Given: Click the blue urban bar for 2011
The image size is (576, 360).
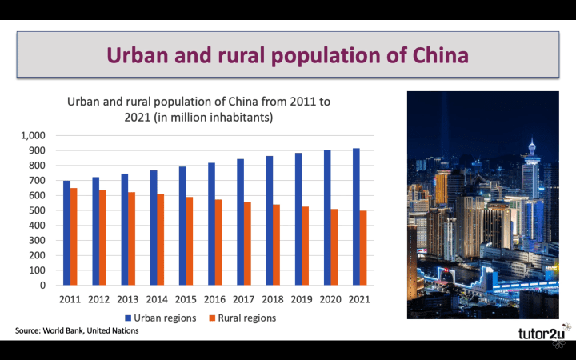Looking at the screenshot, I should pyautogui.click(x=66, y=233).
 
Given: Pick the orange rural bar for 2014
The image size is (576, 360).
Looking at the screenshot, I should pyautogui.click(x=161, y=239).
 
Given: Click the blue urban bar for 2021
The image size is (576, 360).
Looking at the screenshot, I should pyautogui.click(x=356, y=217).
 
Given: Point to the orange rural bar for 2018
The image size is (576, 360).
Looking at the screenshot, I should pyautogui.click(x=277, y=245).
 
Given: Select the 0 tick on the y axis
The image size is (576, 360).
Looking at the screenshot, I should pyautogui.click(x=43, y=286).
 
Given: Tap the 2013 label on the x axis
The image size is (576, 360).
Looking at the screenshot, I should pyautogui.click(x=128, y=298).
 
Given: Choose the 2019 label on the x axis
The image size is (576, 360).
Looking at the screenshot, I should pyautogui.click(x=302, y=298).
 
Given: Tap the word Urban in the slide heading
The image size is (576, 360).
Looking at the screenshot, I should pyautogui.click(x=139, y=55).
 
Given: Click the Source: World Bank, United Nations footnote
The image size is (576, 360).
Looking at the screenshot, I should pyautogui.click(x=77, y=330).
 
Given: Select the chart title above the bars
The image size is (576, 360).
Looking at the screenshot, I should pyautogui.click(x=198, y=110).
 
